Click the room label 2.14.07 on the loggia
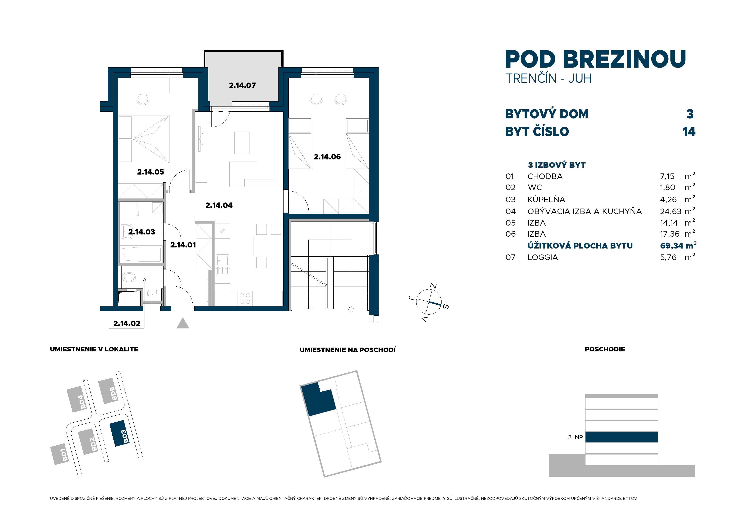tap(242, 85)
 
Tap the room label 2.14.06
tap(327, 157)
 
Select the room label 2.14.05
tap(150, 172)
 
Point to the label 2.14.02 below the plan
tap(127, 323)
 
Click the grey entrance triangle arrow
tap(183, 323)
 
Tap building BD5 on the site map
tap(110, 391)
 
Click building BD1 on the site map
tap(60, 454)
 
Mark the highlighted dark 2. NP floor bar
tap(621, 437)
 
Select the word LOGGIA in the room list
tap(543, 257)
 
